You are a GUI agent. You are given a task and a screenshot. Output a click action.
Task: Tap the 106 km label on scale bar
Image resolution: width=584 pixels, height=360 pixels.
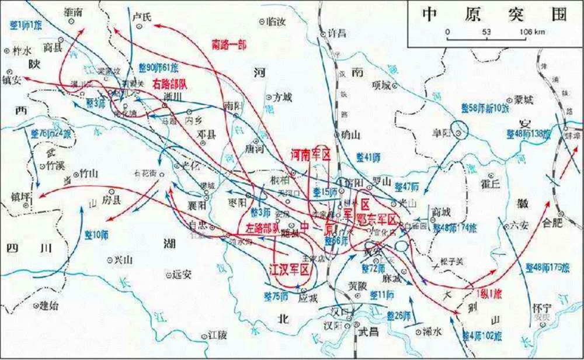pyautogui.click(x=531, y=32)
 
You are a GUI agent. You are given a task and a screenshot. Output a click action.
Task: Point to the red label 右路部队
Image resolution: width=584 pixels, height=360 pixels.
pyautogui.click(x=169, y=83)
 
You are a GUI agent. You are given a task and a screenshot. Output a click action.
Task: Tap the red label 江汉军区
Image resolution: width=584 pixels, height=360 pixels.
pyautogui.click(x=288, y=269)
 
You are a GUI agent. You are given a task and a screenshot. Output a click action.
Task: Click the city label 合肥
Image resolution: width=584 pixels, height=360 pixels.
pyautogui.click(x=550, y=223)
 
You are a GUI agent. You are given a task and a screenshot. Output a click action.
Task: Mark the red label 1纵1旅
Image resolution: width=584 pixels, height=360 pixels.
pyautogui.click(x=489, y=292)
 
